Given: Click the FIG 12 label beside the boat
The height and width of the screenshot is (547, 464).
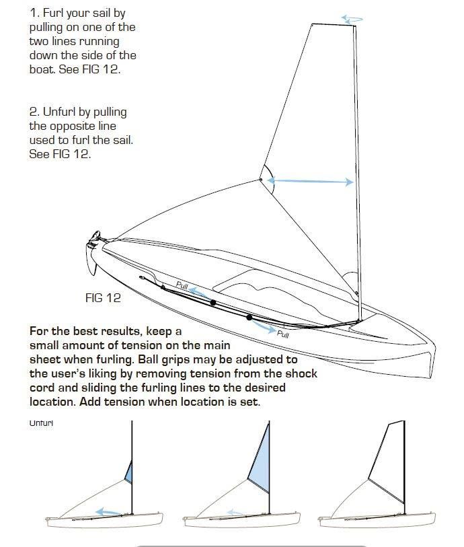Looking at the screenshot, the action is (x=103, y=298).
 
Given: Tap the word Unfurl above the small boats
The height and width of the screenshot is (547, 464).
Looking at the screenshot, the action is (x=41, y=423).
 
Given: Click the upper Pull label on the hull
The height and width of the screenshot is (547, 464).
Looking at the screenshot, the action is (x=182, y=285).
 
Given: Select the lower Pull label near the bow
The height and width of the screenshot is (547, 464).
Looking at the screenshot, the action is (x=283, y=334).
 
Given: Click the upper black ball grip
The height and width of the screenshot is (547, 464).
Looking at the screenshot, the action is (x=213, y=303).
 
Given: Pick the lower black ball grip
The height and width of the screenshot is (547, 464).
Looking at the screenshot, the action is (x=249, y=318).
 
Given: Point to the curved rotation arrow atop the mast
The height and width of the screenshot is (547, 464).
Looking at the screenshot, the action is (x=352, y=20).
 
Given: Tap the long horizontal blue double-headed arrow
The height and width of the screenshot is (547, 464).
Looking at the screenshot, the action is (x=310, y=181).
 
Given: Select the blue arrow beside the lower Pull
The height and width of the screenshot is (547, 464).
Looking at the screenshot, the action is (x=264, y=326).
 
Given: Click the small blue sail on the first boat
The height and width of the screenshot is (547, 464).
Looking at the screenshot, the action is (x=129, y=472).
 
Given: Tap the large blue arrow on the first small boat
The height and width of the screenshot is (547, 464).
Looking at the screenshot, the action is (x=109, y=512).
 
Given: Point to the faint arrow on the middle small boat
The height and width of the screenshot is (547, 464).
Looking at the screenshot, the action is (x=235, y=513).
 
